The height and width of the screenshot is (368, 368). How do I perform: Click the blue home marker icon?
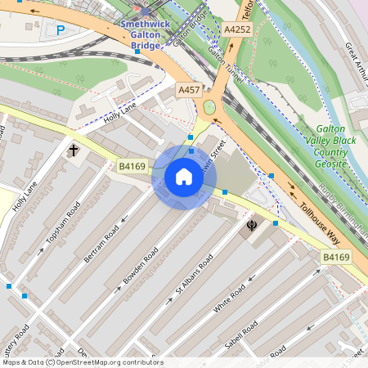click(184, 177)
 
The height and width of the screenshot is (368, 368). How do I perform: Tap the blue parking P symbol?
click(61, 31)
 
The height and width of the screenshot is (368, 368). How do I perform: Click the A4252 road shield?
click(236, 29)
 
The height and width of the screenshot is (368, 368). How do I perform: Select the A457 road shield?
click(188, 89)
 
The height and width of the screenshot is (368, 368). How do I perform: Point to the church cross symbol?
click(74, 150)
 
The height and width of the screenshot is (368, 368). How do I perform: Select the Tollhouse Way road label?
click(318, 223)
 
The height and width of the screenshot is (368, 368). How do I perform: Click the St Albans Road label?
click(194, 275)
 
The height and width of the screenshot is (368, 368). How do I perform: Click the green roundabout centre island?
click(210, 107)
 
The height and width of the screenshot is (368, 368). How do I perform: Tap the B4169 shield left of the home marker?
click(132, 167)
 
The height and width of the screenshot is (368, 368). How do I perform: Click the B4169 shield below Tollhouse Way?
click(335, 257)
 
